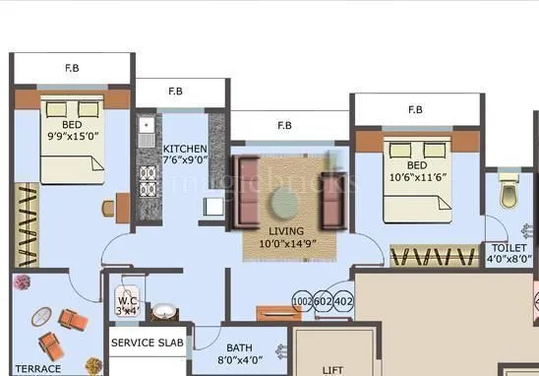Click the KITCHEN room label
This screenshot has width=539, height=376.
(185, 149)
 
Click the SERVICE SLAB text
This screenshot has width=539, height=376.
(149, 344)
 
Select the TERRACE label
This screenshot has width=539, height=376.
(36, 369)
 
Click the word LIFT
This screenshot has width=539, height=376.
(332, 371)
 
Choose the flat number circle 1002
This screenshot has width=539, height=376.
(302, 301)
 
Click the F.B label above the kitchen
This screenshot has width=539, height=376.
(175, 92)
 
